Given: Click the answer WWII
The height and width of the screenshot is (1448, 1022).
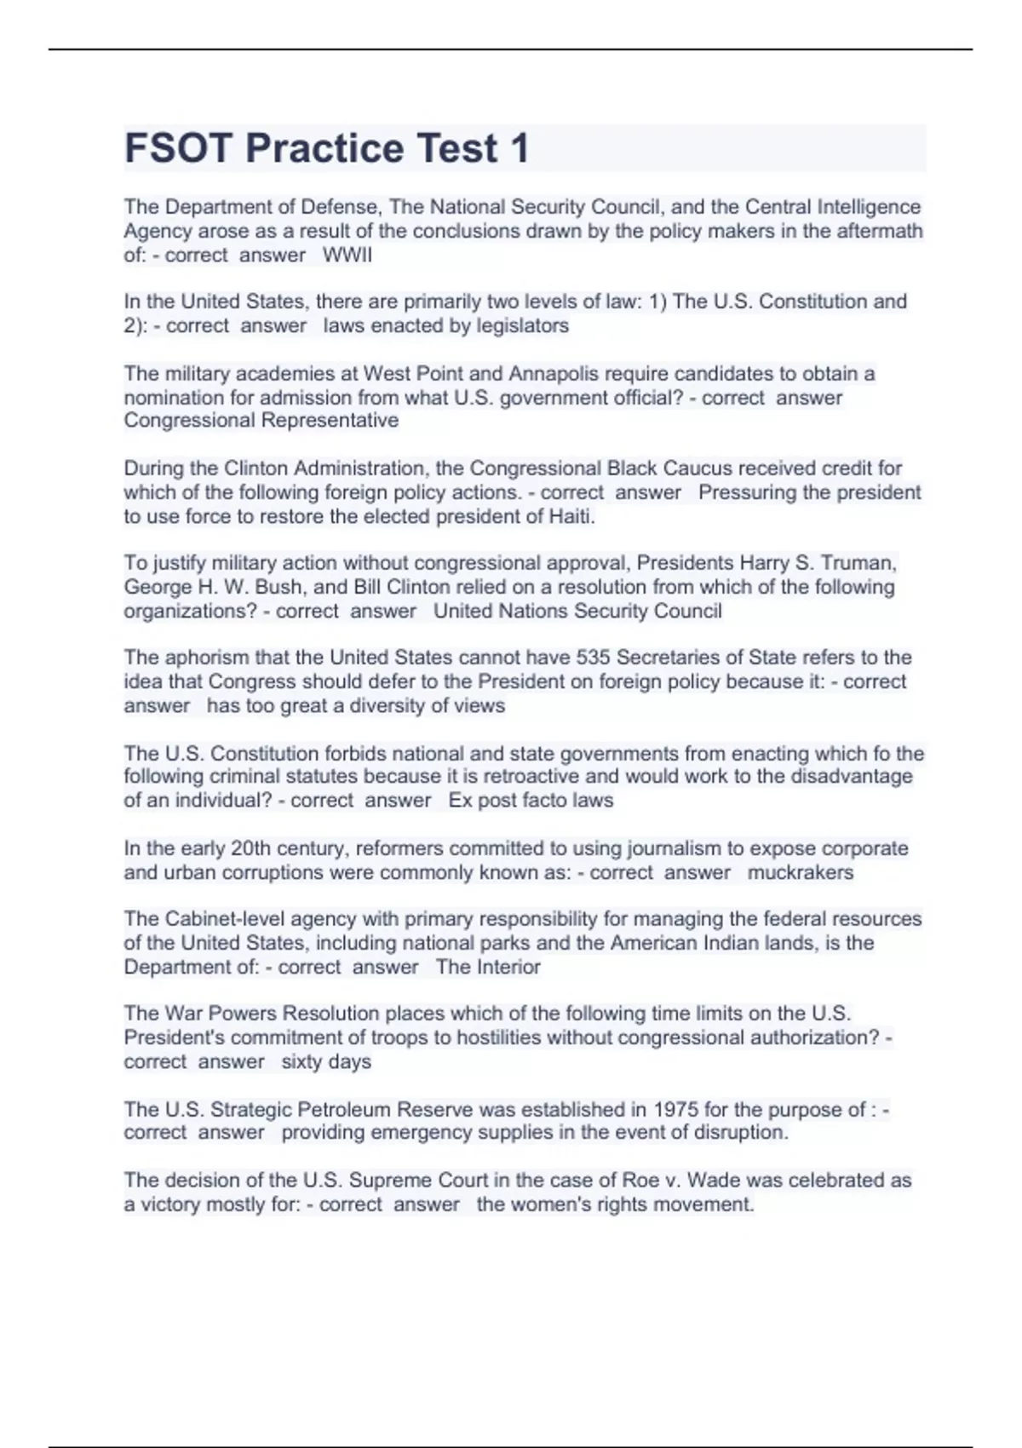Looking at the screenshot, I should click(347, 255).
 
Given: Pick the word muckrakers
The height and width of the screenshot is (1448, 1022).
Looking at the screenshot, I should click(800, 872).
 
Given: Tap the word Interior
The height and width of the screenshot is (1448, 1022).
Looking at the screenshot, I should click(509, 967).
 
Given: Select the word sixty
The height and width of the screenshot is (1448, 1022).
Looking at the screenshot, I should click(301, 1061).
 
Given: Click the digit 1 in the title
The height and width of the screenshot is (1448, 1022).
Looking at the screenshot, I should click(519, 148).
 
